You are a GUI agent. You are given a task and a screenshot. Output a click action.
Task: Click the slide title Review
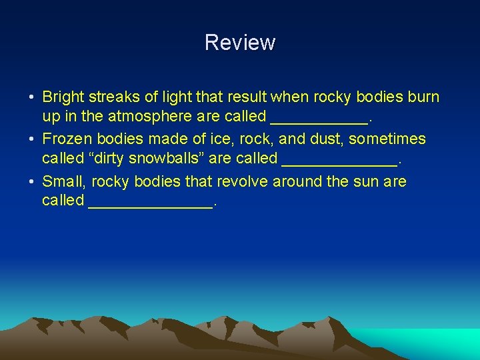tap(240, 43)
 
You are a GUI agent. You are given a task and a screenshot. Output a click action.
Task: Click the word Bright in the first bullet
tap(63, 97)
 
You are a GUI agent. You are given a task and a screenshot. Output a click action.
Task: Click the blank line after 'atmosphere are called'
tap(319, 120)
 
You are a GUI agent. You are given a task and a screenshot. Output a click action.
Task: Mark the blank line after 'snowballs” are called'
tap(339, 162)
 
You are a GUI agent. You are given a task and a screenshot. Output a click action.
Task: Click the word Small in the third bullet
tap(63, 181)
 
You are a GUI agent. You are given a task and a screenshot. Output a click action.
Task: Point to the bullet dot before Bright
tap(31, 98)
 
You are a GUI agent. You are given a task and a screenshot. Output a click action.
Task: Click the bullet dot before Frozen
tap(31, 140)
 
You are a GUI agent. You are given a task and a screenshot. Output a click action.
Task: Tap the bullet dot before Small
tap(31, 182)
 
